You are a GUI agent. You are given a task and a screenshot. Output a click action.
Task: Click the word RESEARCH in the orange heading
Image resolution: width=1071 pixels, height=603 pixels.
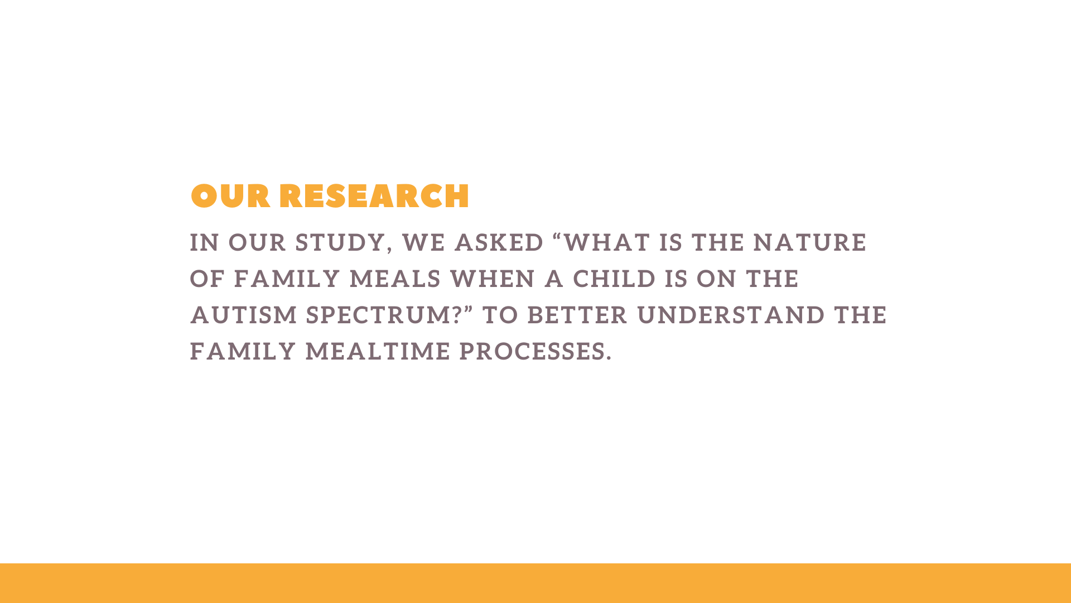tap(374, 197)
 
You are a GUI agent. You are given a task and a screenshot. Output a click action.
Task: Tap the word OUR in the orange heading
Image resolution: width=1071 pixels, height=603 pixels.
tap(230, 197)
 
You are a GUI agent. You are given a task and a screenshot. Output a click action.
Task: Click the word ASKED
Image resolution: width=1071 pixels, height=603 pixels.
tap(499, 243)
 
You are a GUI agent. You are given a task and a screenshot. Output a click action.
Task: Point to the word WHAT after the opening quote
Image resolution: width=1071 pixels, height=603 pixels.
tap(607, 243)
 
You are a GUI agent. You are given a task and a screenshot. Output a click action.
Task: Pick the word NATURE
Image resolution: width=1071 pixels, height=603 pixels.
tap(810, 243)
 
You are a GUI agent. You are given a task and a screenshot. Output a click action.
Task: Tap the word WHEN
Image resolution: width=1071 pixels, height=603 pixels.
tap(493, 279)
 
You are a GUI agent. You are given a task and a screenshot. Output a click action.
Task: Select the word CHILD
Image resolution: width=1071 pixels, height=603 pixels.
tap(614, 279)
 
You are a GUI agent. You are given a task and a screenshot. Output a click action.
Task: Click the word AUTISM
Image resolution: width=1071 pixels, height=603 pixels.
tap(244, 315)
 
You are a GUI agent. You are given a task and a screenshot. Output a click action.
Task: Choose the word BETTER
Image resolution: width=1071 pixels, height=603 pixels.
tap(577, 315)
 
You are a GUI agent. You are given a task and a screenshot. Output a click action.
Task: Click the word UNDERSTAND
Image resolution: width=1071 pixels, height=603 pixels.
tap(731, 315)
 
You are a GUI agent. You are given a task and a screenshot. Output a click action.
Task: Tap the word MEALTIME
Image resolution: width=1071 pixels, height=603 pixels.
tap(378, 352)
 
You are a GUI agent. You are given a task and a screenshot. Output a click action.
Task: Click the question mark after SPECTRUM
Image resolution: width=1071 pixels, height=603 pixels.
tap(457, 315)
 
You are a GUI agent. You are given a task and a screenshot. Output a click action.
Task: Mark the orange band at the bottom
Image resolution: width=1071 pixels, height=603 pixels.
tap(535, 583)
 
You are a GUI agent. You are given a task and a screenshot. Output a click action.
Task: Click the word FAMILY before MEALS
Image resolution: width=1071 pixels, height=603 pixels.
tap(287, 279)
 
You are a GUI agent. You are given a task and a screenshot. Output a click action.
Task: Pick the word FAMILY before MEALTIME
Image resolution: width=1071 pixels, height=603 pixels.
tap(243, 352)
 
